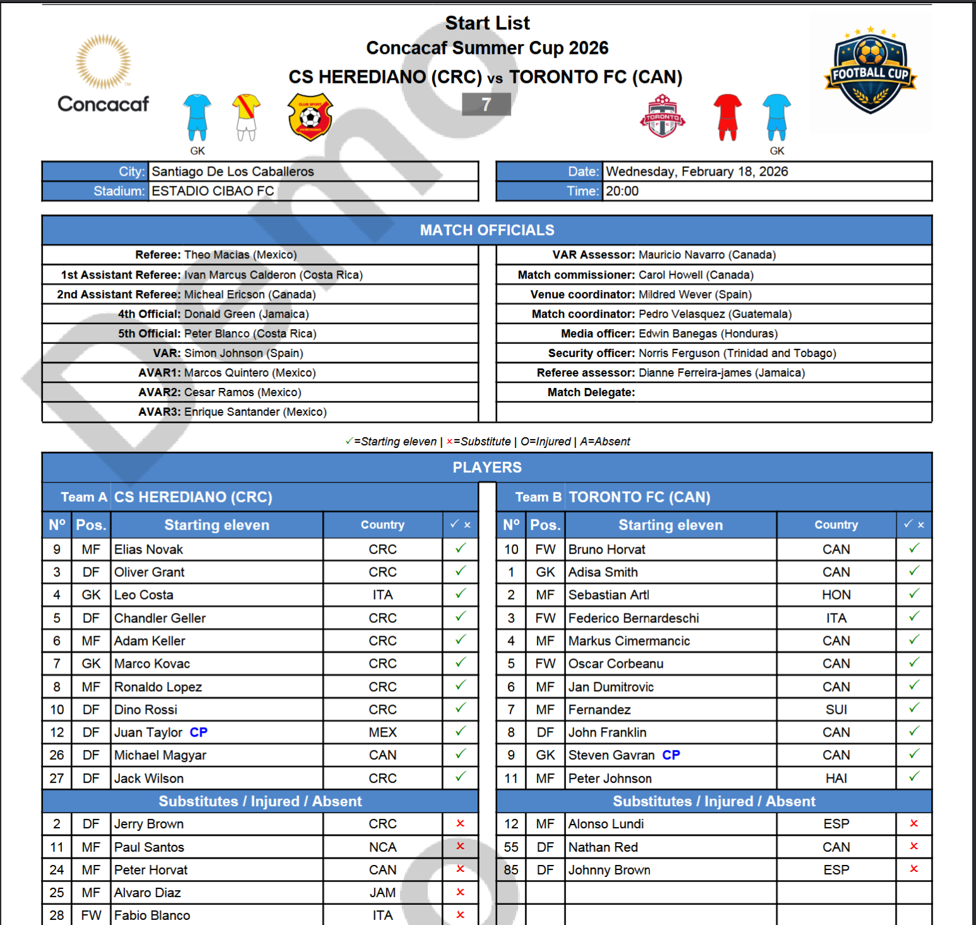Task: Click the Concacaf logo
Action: (x=104, y=75)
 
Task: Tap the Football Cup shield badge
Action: (x=870, y=73)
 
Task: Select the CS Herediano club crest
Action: (x=310, y=118)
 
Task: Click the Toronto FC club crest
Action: (x=662, y=117)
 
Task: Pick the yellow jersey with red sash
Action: (x=246, y=117)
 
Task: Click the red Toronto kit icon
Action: (x=727, y=117)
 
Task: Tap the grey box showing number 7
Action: (x=486, y=105)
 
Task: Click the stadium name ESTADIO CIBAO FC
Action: (x=213, y=191)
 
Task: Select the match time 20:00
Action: (x=622, y=191)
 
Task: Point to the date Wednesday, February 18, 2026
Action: (x=697, y=172)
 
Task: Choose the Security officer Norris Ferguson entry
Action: (x=737, y=353)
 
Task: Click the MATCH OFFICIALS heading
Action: (x=487, y=231)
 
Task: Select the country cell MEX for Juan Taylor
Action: (x=383, y=732)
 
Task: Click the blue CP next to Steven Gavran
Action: (x=671, y=755)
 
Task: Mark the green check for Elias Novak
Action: (x=461, y=548)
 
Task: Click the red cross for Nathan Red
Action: (x=913, y=847)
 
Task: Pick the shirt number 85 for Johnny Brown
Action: (x=511, y=870)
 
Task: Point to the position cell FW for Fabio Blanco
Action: (x=91, y=916)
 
